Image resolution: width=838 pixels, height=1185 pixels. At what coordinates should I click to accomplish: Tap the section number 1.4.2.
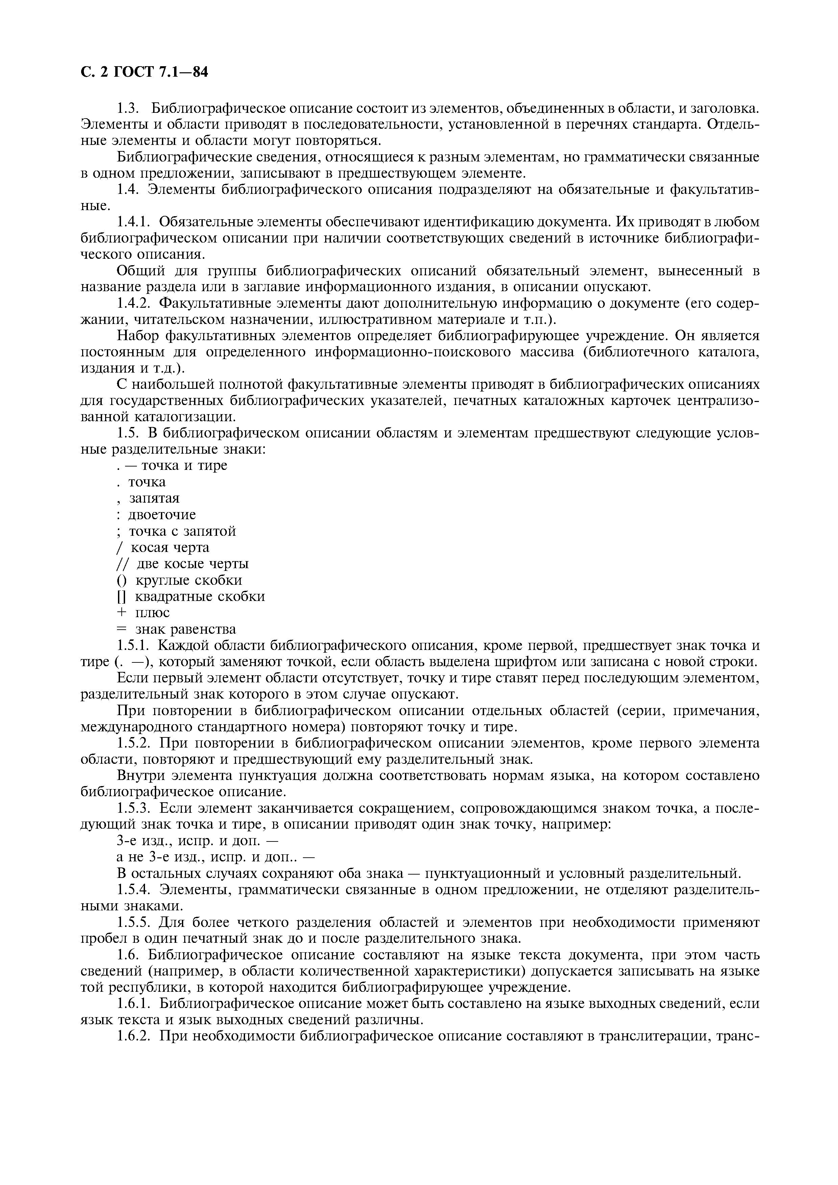click(133, 303)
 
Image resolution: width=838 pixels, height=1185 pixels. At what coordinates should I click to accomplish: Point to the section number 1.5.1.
click(133, 646)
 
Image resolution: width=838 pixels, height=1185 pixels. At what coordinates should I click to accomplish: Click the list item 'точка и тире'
click(184, 465)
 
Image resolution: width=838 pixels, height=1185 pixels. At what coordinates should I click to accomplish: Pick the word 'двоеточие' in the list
click(162, 514)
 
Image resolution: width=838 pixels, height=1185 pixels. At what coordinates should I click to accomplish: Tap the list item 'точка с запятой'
click(182, 531)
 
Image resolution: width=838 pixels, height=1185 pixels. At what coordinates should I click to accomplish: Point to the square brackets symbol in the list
click(121, 597)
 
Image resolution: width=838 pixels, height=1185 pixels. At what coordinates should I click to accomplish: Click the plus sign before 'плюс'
click(121, 613)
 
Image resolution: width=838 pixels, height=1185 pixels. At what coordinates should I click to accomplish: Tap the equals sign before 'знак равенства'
click(121, 630)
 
